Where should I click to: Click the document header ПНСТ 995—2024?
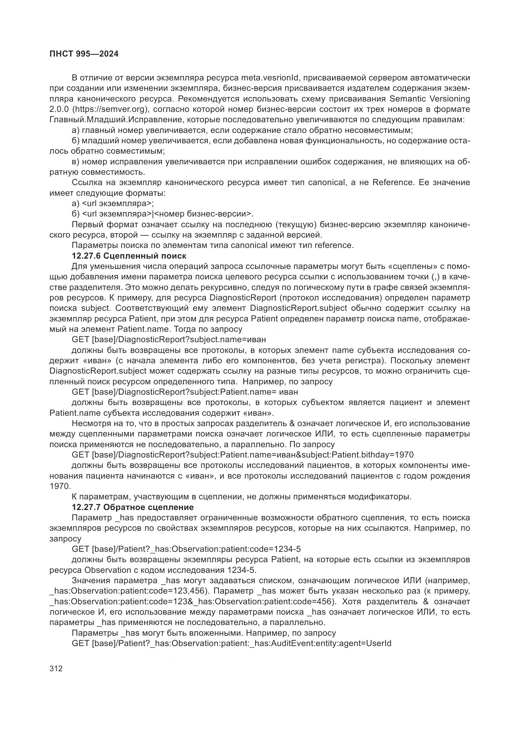[84, 54]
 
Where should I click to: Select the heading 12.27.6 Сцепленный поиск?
[129, 256]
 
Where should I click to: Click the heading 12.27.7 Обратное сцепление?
[133, 507]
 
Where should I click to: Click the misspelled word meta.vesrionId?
[270, 78]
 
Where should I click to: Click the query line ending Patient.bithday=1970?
[242, 455]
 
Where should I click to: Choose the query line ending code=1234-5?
[186, 549]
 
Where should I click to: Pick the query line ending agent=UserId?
[231, 643]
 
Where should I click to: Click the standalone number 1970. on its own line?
[60, 486]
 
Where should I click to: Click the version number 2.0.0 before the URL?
[59, 109]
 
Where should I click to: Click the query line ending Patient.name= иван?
[185, 392]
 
